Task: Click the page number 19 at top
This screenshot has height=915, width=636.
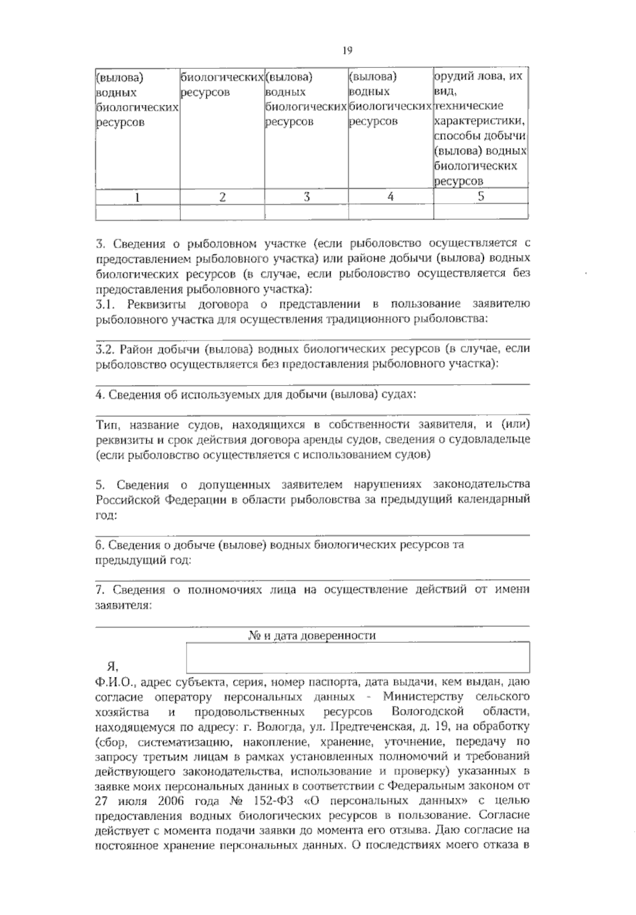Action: pos(347,51)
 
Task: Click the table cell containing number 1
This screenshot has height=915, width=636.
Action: pos(137,197)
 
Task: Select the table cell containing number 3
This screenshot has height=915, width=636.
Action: pos(306,197)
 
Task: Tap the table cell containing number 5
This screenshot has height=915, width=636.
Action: pos(481,197)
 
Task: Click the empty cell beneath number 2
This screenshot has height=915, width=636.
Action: pos(222,212)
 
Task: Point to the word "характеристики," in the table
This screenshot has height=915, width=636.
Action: pos(480,120)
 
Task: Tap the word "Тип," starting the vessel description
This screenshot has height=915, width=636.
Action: pos(108,425)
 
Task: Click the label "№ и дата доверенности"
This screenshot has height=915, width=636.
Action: pos(312,635)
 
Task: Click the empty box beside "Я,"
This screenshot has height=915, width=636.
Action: pos(358,657)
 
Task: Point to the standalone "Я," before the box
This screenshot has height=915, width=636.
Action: pos(112,666)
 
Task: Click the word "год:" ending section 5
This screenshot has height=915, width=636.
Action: pos(106,515)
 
